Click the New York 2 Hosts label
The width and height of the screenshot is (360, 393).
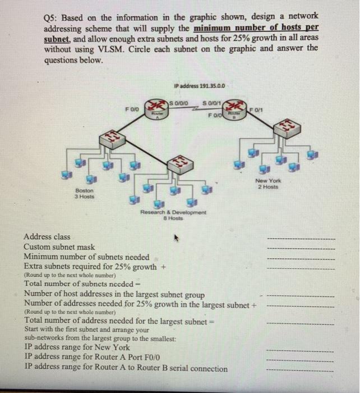click(269, 184)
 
